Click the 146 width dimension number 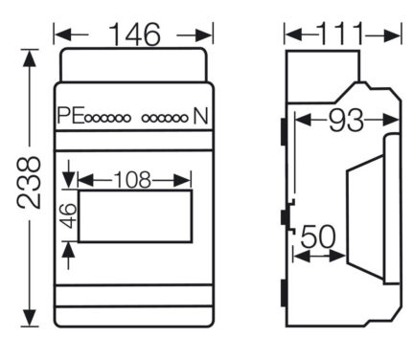pos(134,34)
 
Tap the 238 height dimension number pos(30,182)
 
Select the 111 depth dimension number pos(340,34)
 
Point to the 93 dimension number pos(346,121)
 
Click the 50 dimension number pos(318,236)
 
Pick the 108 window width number pos(132,180)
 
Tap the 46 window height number pos(69,215)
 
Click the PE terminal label pos(71,116)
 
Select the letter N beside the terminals pos(200,116)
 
